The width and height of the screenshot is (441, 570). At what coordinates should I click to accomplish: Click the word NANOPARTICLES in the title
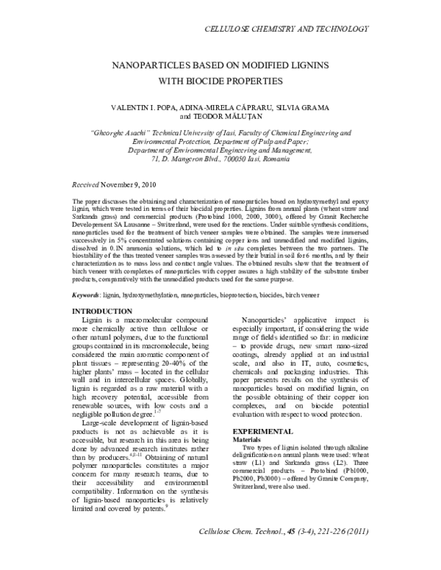pyautogui.click(x=148, y=64)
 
